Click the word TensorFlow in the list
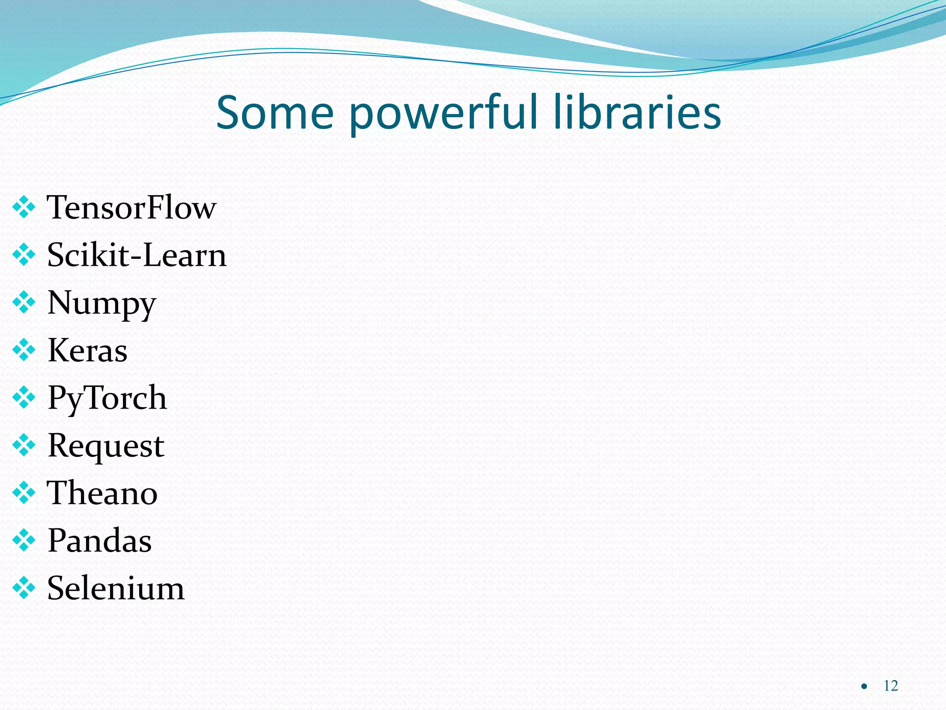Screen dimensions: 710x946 [x=132, y=208]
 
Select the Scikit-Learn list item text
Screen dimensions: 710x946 [x=137, y=255]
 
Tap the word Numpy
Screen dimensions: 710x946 [x=102, y=304]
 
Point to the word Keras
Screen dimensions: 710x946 [x=87, y=350]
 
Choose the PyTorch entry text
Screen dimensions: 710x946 [x=107, y=398]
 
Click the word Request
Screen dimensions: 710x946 [x=106, y=446]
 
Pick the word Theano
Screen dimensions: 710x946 [x=102, y=493]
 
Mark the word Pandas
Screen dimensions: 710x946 [x=99, y=540]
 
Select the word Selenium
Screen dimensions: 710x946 [x=115, y=588]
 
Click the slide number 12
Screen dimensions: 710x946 [x=891, y=686]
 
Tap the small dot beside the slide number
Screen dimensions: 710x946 [x=864, y=686]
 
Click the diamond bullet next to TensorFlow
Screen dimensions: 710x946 [x=24, y=208]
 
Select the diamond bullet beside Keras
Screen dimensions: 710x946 [x=24, y=350]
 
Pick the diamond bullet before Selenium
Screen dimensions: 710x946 [x=24, y=588]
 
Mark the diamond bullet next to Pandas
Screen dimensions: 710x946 [x=24, y=540]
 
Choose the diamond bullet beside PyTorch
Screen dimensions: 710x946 [x=24, y=398]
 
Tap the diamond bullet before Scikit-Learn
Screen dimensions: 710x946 [x=24, y=255]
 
